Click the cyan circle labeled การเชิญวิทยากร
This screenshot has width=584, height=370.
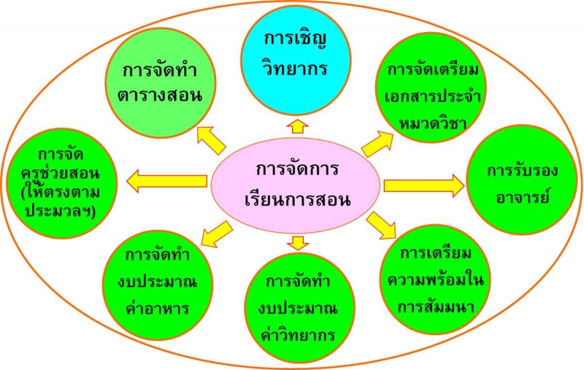click(296, 61)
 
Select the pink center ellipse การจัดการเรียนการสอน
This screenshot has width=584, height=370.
click(296, 186)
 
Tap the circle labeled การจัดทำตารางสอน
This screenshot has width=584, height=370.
click(161, 83)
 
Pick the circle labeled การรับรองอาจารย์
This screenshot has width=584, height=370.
click(521, 180)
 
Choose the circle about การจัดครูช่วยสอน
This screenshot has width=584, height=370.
click(62, 183)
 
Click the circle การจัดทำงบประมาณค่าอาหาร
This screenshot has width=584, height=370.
click(158, 285)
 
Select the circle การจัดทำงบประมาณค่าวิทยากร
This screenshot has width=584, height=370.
click(299, 308)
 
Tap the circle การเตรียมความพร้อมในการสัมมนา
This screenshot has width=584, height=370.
click(435, 280)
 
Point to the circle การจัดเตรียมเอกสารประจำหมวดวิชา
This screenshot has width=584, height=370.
click(431, 88)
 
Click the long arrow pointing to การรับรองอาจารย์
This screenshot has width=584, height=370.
click(424, 186)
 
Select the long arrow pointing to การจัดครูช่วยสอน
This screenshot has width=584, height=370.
click(167, 181)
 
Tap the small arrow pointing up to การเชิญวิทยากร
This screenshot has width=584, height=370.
click(298, 126)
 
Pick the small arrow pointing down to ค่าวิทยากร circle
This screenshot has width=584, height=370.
click(298, 243)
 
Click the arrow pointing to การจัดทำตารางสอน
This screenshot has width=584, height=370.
click(211, 140)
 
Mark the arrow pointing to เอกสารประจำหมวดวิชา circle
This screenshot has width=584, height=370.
click(377, 143)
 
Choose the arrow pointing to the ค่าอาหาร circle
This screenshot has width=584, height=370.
click(216, 234)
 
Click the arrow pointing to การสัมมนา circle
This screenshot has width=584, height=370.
click(380, 226)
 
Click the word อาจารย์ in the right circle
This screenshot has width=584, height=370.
click(522, 196)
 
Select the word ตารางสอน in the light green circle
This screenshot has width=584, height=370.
click(161, 96)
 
